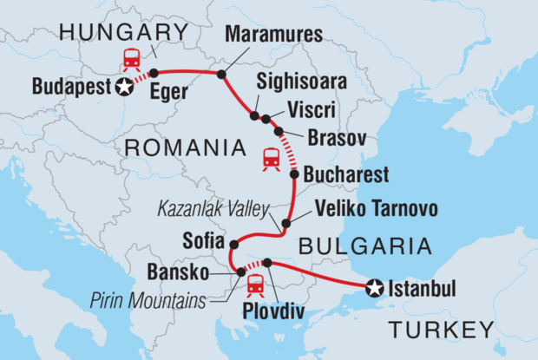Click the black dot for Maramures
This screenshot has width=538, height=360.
(221, 75)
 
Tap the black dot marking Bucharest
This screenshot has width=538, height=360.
(293, 174)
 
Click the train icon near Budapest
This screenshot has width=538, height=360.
(133, 59)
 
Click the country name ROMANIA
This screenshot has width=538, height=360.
(185, 148)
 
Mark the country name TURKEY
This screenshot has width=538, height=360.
(442, 331)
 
